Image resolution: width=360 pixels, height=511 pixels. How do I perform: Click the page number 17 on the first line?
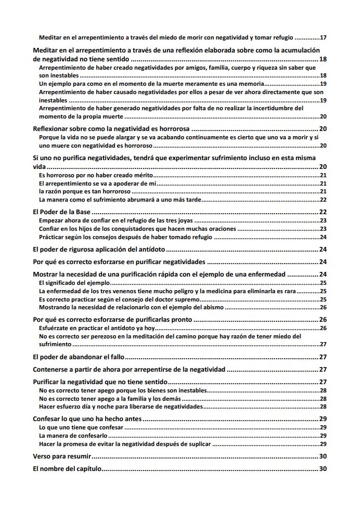(323, 37)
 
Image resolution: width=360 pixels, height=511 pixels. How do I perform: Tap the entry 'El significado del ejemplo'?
(74, 283)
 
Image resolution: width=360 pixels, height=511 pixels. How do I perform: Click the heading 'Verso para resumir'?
(62, 456)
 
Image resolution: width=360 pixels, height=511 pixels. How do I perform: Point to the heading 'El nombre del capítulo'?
(67, 469)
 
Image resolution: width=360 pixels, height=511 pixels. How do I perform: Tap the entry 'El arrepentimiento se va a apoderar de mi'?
(97, 184)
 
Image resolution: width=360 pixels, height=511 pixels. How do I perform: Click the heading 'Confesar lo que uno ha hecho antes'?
(87, 419)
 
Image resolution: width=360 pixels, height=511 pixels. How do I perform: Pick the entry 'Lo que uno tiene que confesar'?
(81, 427)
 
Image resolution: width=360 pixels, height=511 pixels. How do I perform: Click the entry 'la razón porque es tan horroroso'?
(85, 191)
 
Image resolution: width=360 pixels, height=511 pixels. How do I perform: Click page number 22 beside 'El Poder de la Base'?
(323, 212)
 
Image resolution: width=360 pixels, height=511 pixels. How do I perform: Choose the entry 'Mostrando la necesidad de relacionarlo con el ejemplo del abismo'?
(131, 307)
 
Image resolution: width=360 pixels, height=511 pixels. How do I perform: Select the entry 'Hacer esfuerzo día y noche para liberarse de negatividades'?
(121, 407)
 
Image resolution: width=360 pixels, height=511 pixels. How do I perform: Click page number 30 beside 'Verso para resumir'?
(323, 456)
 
